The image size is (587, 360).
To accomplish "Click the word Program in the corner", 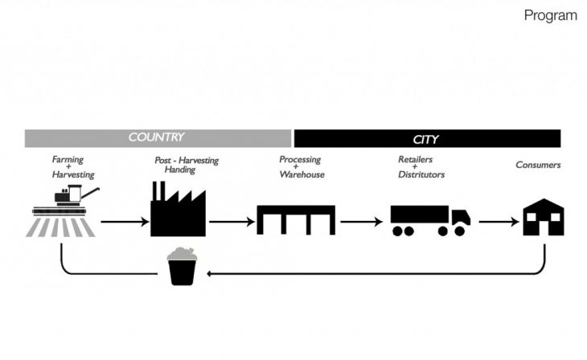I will click(550, 15).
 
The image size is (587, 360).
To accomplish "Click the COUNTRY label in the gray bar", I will click(156, 137).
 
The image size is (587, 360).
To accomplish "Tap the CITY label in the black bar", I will click(425, 139).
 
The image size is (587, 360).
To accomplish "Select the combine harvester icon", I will click(64, 211).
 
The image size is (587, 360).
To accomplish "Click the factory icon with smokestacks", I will click(178, 211).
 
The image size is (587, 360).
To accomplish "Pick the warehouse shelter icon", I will click(295, 219).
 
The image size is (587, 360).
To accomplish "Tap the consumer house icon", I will click(544, 218).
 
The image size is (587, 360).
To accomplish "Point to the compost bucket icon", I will click(184, 266).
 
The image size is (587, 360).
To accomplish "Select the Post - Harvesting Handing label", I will click(187, 166).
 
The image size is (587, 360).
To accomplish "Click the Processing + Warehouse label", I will click(302, 167).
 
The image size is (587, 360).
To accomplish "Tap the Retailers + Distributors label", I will click(421, 167).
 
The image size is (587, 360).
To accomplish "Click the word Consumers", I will click(538, 166).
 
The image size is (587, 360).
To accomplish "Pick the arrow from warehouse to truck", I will click(361, 220).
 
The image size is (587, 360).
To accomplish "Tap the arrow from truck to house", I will click(494, 220).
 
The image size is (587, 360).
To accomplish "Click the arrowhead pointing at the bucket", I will click(211, 273).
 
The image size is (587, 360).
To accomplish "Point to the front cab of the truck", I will click(460, 218).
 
